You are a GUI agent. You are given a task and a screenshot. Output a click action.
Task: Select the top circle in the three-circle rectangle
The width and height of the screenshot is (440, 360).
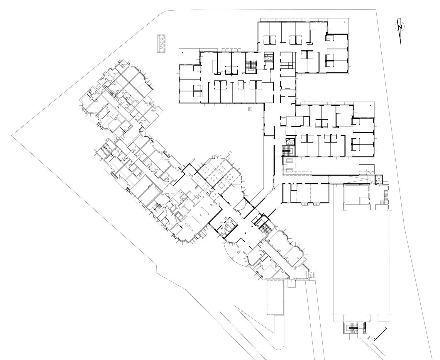click(x=161, y=38)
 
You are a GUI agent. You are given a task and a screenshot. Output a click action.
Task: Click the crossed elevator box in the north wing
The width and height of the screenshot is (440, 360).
click(x=268, y=57)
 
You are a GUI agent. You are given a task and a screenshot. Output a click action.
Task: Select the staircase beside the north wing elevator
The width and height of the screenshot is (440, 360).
click(x=251, y=66)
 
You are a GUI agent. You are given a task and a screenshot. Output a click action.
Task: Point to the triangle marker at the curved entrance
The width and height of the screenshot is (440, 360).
click(x=240, y=252)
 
